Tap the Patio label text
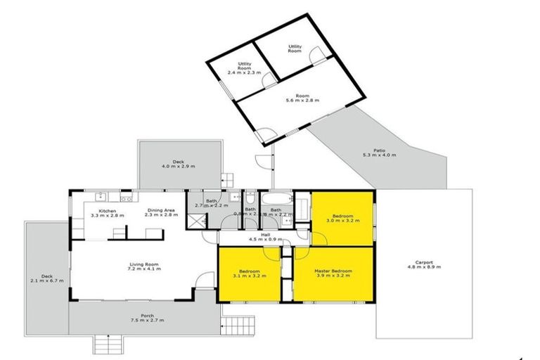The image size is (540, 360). tap(379, 149)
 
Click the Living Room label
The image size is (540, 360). tap(145, 264)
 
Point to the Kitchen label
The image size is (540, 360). tap(107, 211)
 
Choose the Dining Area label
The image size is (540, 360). tap(161, 211)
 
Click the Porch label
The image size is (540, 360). tap(147, 316)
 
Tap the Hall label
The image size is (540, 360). tap(265, 235)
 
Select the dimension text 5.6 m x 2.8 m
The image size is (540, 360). tap(302, 101)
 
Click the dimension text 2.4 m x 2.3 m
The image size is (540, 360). tap(244, 72)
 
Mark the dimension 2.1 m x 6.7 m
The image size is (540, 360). tap(47, 281)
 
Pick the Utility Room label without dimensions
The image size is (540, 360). tap(295, 49)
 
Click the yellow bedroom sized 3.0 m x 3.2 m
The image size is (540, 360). tap(342, 218)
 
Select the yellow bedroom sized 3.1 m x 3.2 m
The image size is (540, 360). tap(250, 274)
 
